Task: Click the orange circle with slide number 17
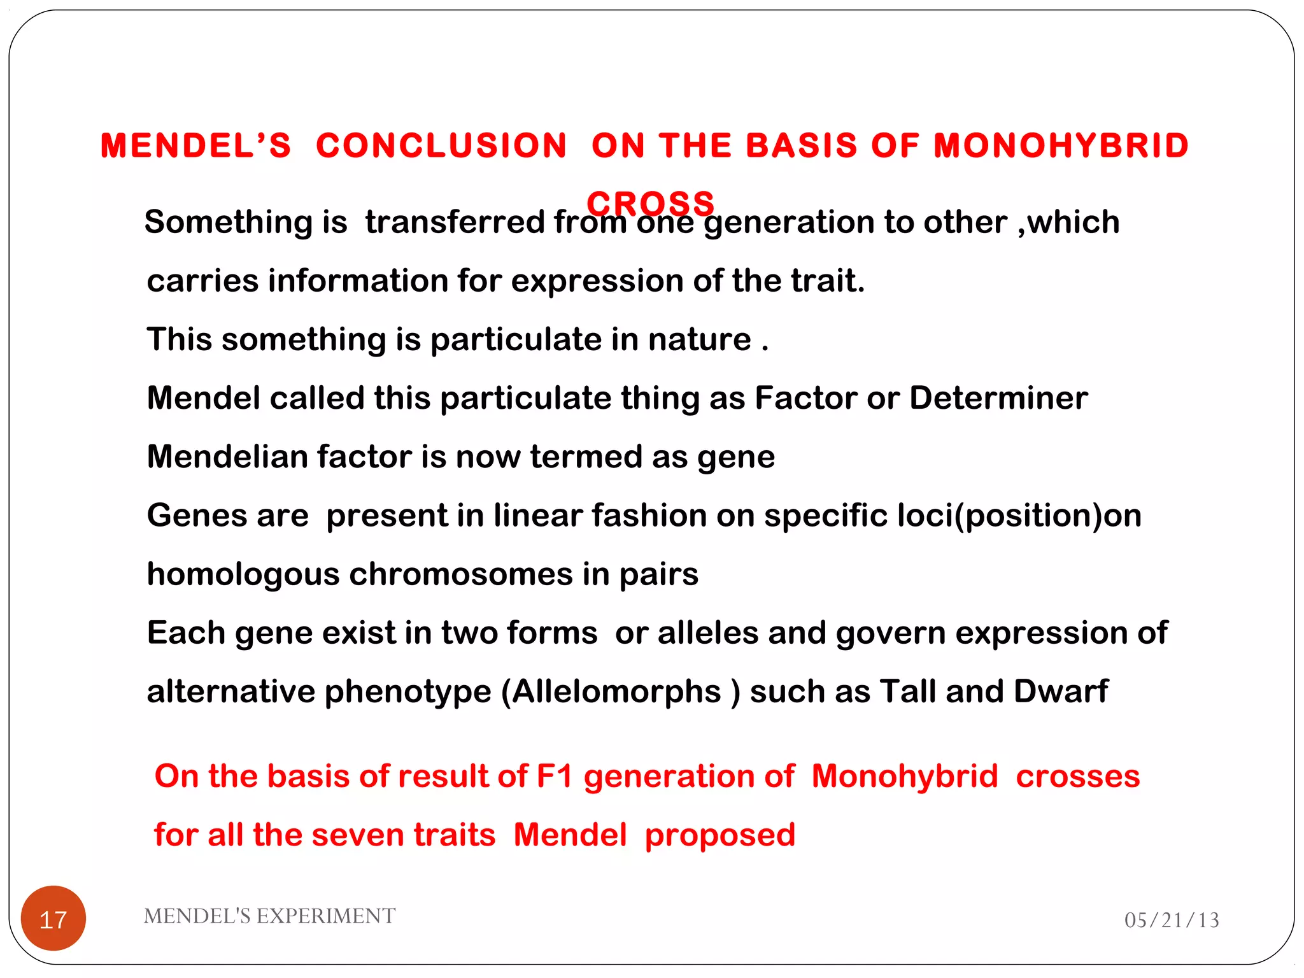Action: click(x=53, y=918)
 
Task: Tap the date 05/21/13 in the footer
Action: click(x=1172, y=920)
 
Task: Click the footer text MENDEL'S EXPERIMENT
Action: click(x=269, y=916)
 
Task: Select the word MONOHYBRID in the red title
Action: click(x=1061, y=145)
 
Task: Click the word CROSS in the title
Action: click(x=651, y=203)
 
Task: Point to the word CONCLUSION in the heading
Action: click(x=441, y=145)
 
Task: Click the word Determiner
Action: click(x=998, y=398)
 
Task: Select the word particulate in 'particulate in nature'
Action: click(x=516, y=339)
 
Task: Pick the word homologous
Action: click(x=243, y=574)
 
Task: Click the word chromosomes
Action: click(x=461, y=574)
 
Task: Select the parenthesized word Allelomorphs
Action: click(x=616, y=691)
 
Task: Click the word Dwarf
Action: click(x=1061, y=691)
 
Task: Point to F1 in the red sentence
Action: click(x=555, y=776)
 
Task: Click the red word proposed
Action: click(x=719, y=835)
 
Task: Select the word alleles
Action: click(x=708, y=633)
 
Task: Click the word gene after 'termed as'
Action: click(x=736, y=457)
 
